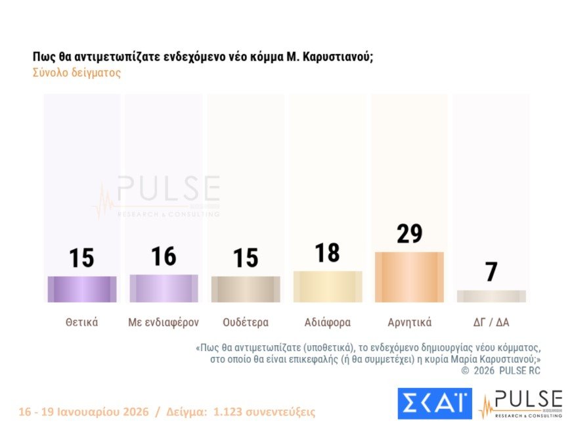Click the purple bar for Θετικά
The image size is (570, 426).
coord(82,289)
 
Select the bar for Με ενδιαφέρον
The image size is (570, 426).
coord(164,289)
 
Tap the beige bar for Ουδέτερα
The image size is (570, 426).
coord(246,289)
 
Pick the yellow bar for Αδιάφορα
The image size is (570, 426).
coord(328,287)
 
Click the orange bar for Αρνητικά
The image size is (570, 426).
coord(409,277)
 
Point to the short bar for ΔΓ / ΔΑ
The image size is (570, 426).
coord(491,296)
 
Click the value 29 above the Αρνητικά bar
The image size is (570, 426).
coord(409,234)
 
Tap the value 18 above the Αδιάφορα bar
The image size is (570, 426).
coord(327,252)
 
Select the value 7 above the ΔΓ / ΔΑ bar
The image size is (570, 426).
coord(491,272)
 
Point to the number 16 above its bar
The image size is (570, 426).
coord(164,256)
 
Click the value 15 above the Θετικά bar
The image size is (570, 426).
coord(82,258)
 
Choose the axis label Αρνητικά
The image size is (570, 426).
coord(409,323)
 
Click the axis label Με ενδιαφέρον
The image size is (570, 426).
coord(164,323)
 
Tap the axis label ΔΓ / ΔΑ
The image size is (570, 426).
coord(491,323)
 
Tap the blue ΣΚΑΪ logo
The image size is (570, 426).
coord(435,403)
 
